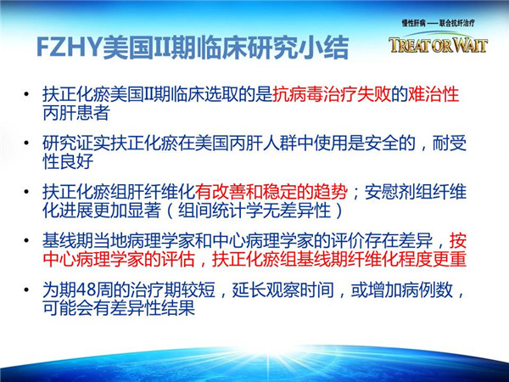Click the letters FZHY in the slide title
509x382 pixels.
click(70, 48)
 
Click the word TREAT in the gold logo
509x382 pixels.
click(410, 45)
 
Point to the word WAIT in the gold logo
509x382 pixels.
click(470, 45)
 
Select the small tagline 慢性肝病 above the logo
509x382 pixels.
click(413, 23)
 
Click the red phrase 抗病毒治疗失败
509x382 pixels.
click(332, 94)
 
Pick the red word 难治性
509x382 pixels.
click(433, 94)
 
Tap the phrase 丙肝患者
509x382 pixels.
click(76, 113)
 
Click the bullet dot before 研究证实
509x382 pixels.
click(26, 143)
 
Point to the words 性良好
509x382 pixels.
click(68, 161)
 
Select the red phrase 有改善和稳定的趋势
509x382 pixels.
click(271, 192)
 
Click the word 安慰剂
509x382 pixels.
click(389, 192)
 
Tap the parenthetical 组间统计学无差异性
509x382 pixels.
click(255, 211)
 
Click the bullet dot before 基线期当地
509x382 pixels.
click(26, 241)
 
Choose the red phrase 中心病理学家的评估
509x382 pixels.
click(119, 259)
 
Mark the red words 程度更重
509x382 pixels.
click(433, 259)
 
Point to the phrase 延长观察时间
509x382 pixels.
click(282, 289)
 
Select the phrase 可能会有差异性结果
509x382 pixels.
click(119, 308)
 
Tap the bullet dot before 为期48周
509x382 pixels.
click(26, 289)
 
